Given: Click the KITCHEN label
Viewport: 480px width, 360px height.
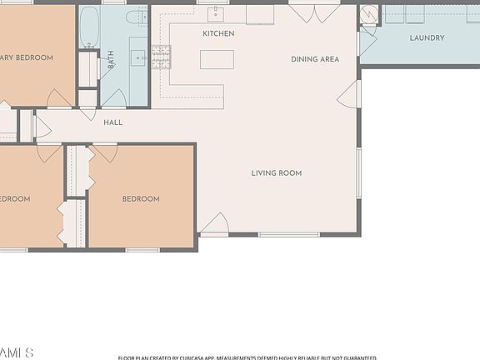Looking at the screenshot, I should [x=218, y=34].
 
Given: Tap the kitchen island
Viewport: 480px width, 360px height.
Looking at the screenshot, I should [x=217, y=59].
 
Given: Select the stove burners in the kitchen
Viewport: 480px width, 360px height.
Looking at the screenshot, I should [x=161, y=56].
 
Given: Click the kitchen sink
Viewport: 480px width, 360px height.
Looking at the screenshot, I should [x=217, y=13].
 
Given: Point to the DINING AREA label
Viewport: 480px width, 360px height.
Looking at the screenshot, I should [x=315, y=59].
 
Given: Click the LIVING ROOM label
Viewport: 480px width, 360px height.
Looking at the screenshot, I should [x=277, y=173].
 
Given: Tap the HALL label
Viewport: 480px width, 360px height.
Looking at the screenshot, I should [x=112, y=122].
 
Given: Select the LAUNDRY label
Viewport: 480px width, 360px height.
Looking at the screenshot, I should [x=427, y=38].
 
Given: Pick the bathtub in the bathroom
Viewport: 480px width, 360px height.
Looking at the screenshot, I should [x=89, y=27].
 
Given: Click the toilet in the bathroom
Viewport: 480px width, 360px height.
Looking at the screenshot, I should [x=134, y=17].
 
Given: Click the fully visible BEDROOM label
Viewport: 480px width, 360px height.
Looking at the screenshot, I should [x=141, y=199].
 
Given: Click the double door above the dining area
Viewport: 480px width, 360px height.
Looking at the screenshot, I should [x=314, y=13].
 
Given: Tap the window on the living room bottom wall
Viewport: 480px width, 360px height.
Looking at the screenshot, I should [x=288, y=234].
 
